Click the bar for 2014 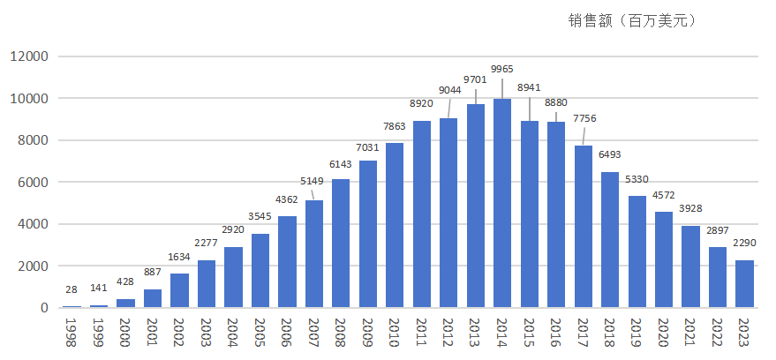[x=502, y=203]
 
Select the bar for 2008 [x=341, y=243]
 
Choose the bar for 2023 [x=745, y=283]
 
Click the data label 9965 [x=502, y=69]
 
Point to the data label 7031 [x=368, y=147]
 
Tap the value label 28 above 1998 [x=72, y=290]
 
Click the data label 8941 [x=529, y=88]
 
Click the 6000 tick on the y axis [x=32, y=183]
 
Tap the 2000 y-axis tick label [x=32, y=266]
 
